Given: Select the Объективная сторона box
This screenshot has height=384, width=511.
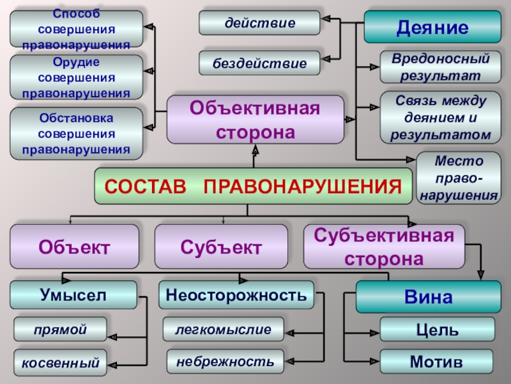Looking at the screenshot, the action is (254, 120).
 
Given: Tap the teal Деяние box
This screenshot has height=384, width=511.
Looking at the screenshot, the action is (432, 27).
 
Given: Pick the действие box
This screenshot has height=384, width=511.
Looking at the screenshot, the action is (259, 22).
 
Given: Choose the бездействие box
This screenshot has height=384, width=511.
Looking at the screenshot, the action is (259, 63).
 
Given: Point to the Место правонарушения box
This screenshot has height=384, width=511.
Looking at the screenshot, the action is (457, 177).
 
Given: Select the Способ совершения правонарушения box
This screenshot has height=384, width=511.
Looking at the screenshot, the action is (76, 29).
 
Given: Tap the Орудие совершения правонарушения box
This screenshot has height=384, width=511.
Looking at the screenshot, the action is (76, 77).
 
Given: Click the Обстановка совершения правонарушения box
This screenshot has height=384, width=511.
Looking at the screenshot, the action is (76, 134).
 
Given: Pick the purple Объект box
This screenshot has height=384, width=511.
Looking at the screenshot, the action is (74, 246).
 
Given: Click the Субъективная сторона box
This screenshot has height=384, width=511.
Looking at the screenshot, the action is (383, 246).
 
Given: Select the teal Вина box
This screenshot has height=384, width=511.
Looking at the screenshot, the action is (428, 297).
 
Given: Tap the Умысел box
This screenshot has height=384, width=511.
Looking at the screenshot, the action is (73, 295).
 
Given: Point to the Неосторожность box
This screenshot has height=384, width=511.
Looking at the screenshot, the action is (236, 295).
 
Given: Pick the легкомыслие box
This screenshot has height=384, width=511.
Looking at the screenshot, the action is (223, 329).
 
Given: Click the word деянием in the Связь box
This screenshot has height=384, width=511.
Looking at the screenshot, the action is (424, 118).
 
